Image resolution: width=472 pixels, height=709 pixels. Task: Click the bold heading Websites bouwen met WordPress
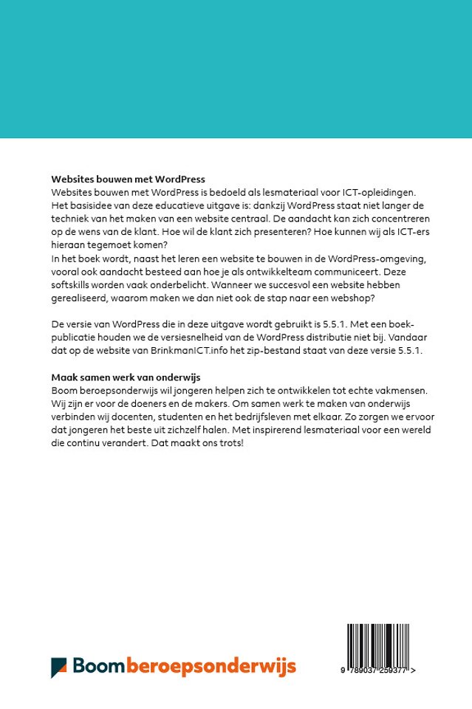point(128,179)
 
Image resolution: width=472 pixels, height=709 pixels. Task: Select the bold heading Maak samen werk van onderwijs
point(126,377)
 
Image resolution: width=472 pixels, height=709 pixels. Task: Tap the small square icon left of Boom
point(59,667)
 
